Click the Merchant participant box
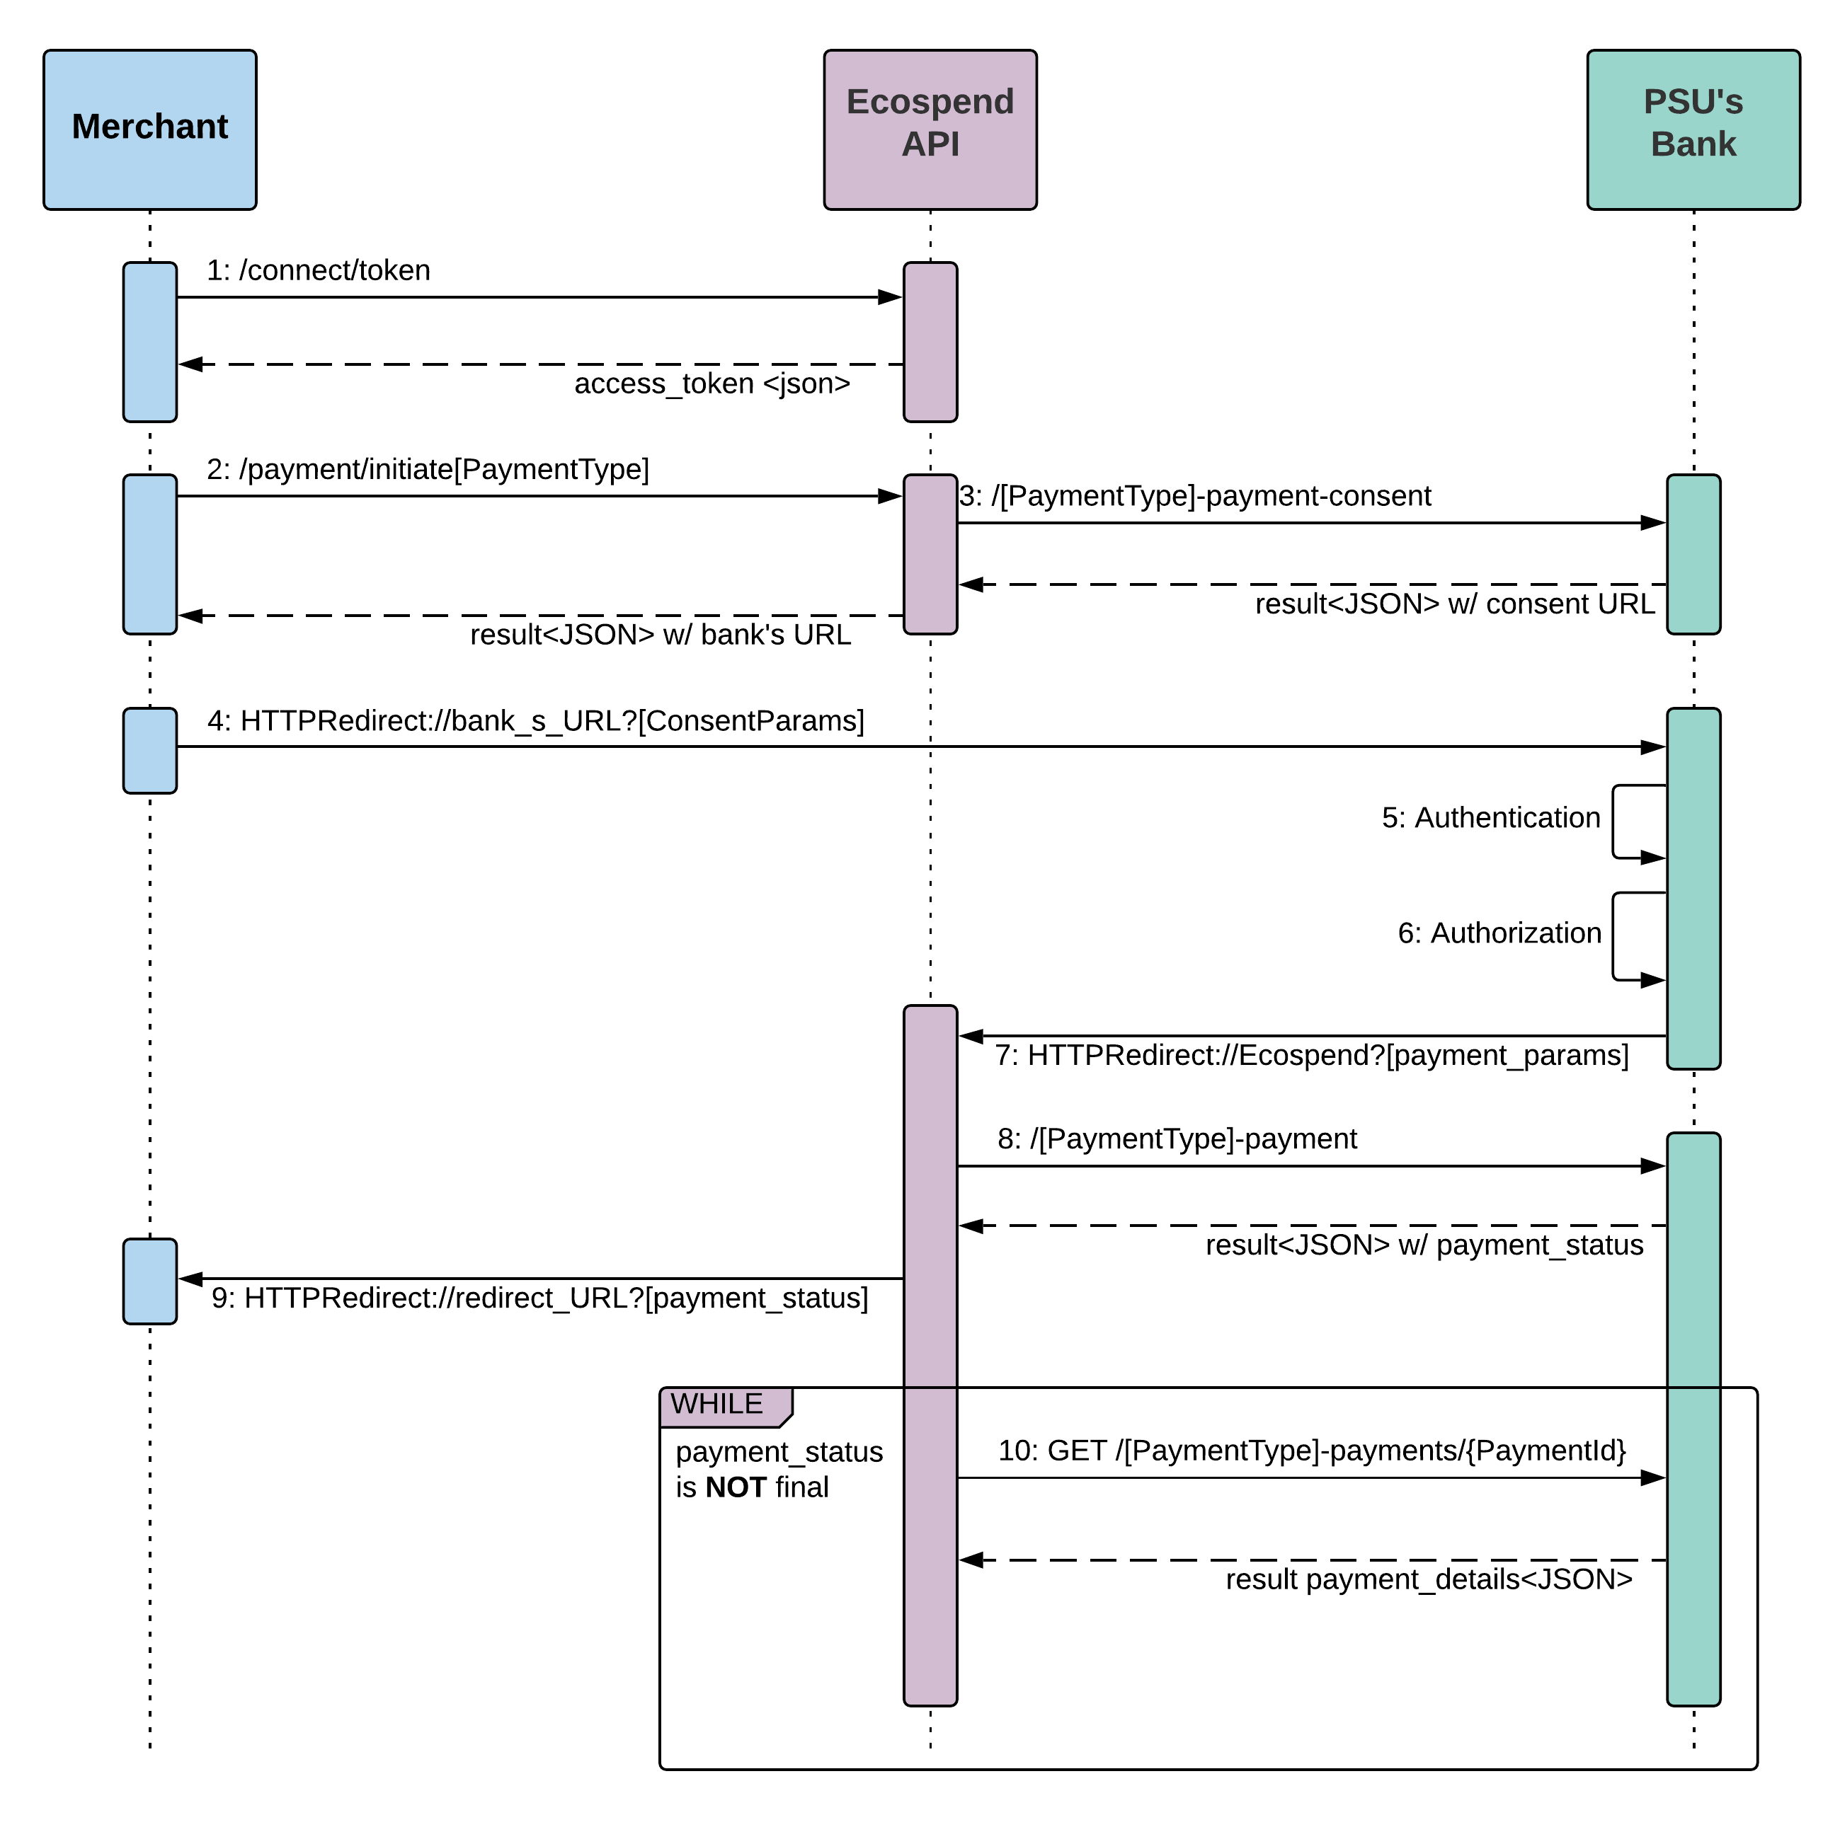point(149,129)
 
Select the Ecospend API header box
point(930,129)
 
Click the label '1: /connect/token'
point(318,270)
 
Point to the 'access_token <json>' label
point(712,384)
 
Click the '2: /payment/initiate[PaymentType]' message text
point(428,469)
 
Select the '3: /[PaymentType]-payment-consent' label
point(1194,496)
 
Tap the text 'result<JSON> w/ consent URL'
point(1453,604)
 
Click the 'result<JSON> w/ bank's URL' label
point(660,634)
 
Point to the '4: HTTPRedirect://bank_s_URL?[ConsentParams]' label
point(535,721)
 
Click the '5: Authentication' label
point(1490,818)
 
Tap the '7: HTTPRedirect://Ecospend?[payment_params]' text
point(1311,1055)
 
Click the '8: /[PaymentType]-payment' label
point(1177,1139)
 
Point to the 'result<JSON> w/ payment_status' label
point(1424,1245)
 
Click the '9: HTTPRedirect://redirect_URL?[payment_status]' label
point(539,1298)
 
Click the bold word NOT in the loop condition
point(736,1487)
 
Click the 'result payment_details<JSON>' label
point(1428,1579)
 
